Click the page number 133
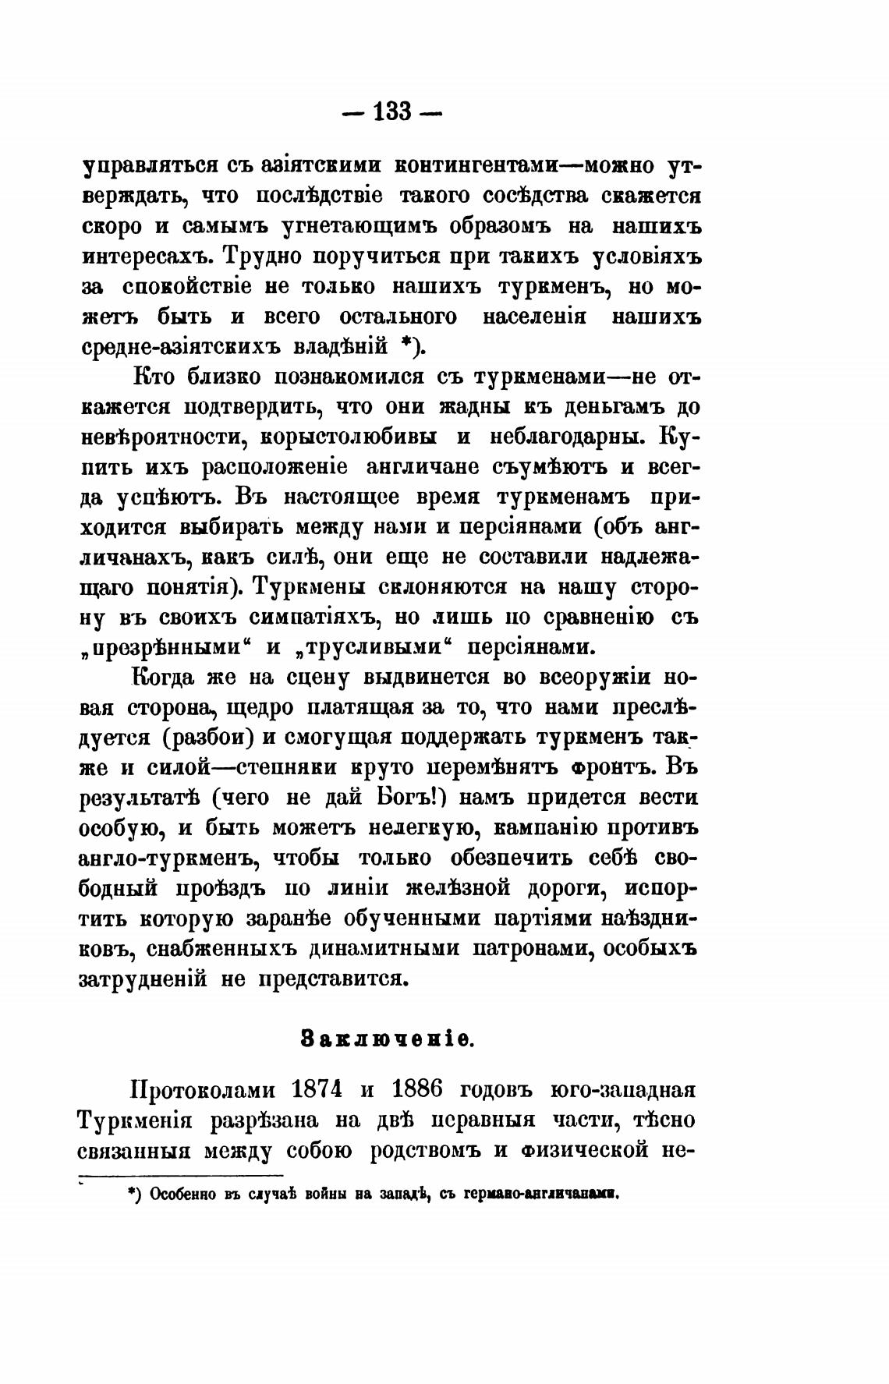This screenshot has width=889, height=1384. pyautogui.click(x=392, y=112)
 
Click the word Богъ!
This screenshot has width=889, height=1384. pyautogui.click(x=410, y=798)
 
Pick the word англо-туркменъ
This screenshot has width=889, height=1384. pyautogui.click(x=168, y=858)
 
